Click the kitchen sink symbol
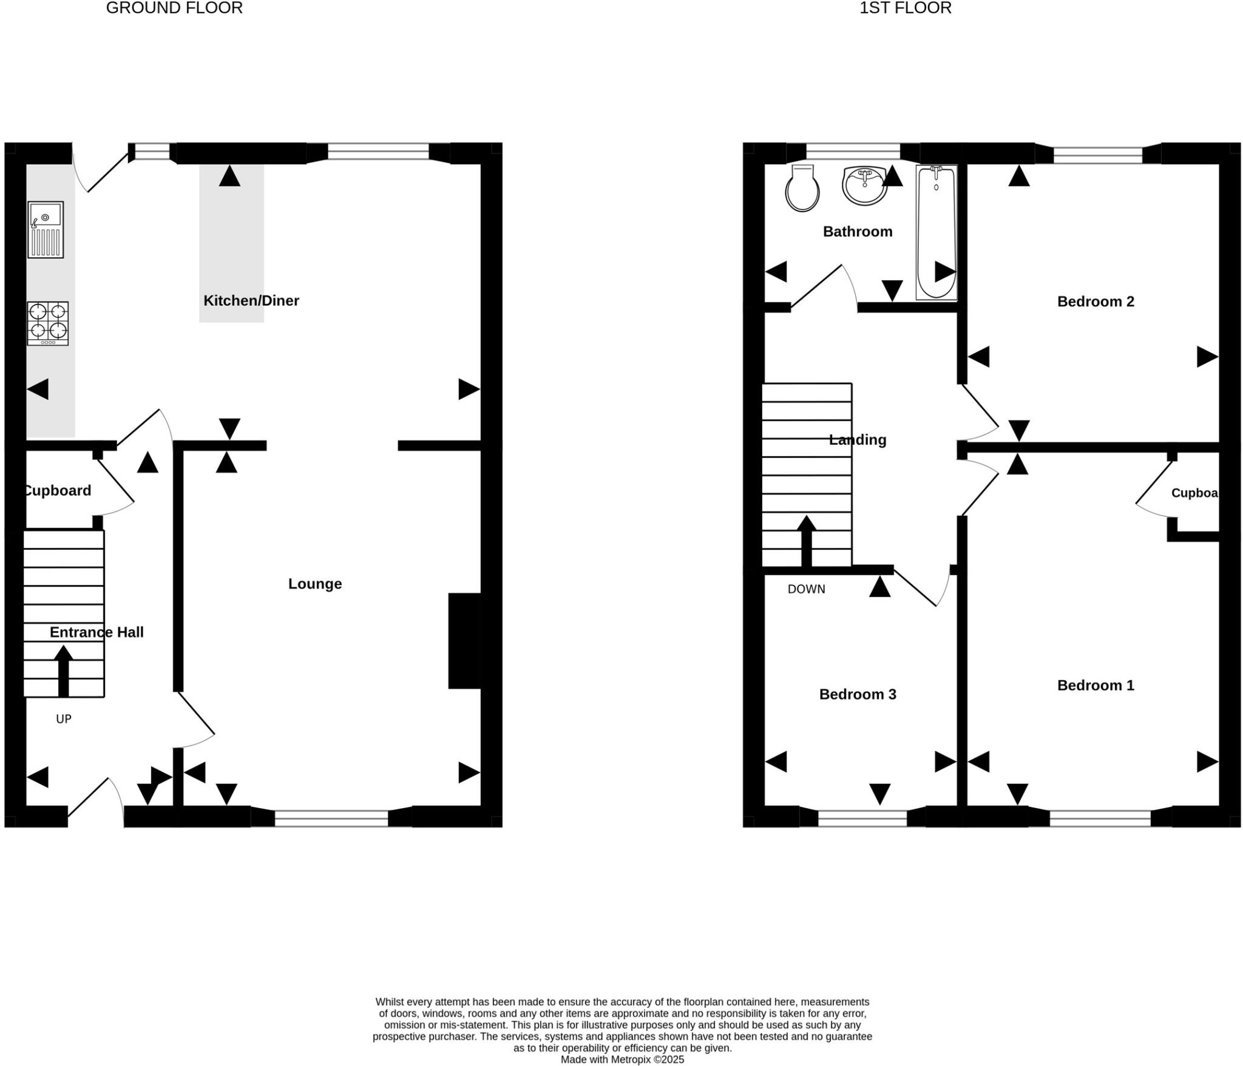point(46,229)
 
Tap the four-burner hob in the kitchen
point(47,323)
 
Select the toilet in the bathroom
point(802,189)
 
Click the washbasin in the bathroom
point(864,186)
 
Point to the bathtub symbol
point(936,232)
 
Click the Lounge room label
point(314,584)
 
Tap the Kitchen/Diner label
point(251,300)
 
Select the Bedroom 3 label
point(857,694)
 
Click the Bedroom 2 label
point(1095,302)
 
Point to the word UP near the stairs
point(64,719)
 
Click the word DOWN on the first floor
point(806,589)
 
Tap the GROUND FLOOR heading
point(174,8)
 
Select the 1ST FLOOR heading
point(905,8)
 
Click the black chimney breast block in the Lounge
point(464,641)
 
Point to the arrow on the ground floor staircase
point(63,670)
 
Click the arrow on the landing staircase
point(806,541)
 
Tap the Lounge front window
point(331,818)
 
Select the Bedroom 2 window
point(1097,155)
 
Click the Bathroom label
point(857,231)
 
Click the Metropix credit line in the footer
point(621,1059)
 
